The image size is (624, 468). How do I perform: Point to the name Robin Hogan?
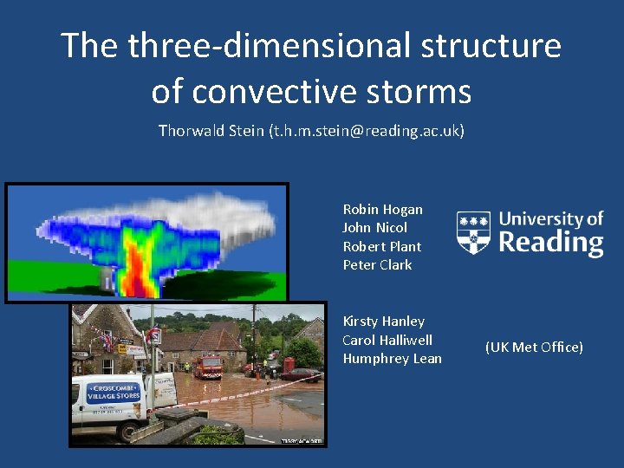(382, 209)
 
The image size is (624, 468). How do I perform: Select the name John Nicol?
(375, 228)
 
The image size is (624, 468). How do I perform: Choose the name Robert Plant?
(381, 246)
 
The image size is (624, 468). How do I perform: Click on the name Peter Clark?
(377, 264)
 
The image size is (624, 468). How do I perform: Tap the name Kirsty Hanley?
(383, 321)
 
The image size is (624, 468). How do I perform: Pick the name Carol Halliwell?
(387, 340)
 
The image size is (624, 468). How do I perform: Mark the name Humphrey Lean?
(392, 358)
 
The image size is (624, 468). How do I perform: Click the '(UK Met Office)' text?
(534, 347)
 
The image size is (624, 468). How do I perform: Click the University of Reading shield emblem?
(473, 232)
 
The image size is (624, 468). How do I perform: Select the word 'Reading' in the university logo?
(551, 242)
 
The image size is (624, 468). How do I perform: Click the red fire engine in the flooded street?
(207, 366)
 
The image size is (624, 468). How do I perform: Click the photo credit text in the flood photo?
(302, 441)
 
